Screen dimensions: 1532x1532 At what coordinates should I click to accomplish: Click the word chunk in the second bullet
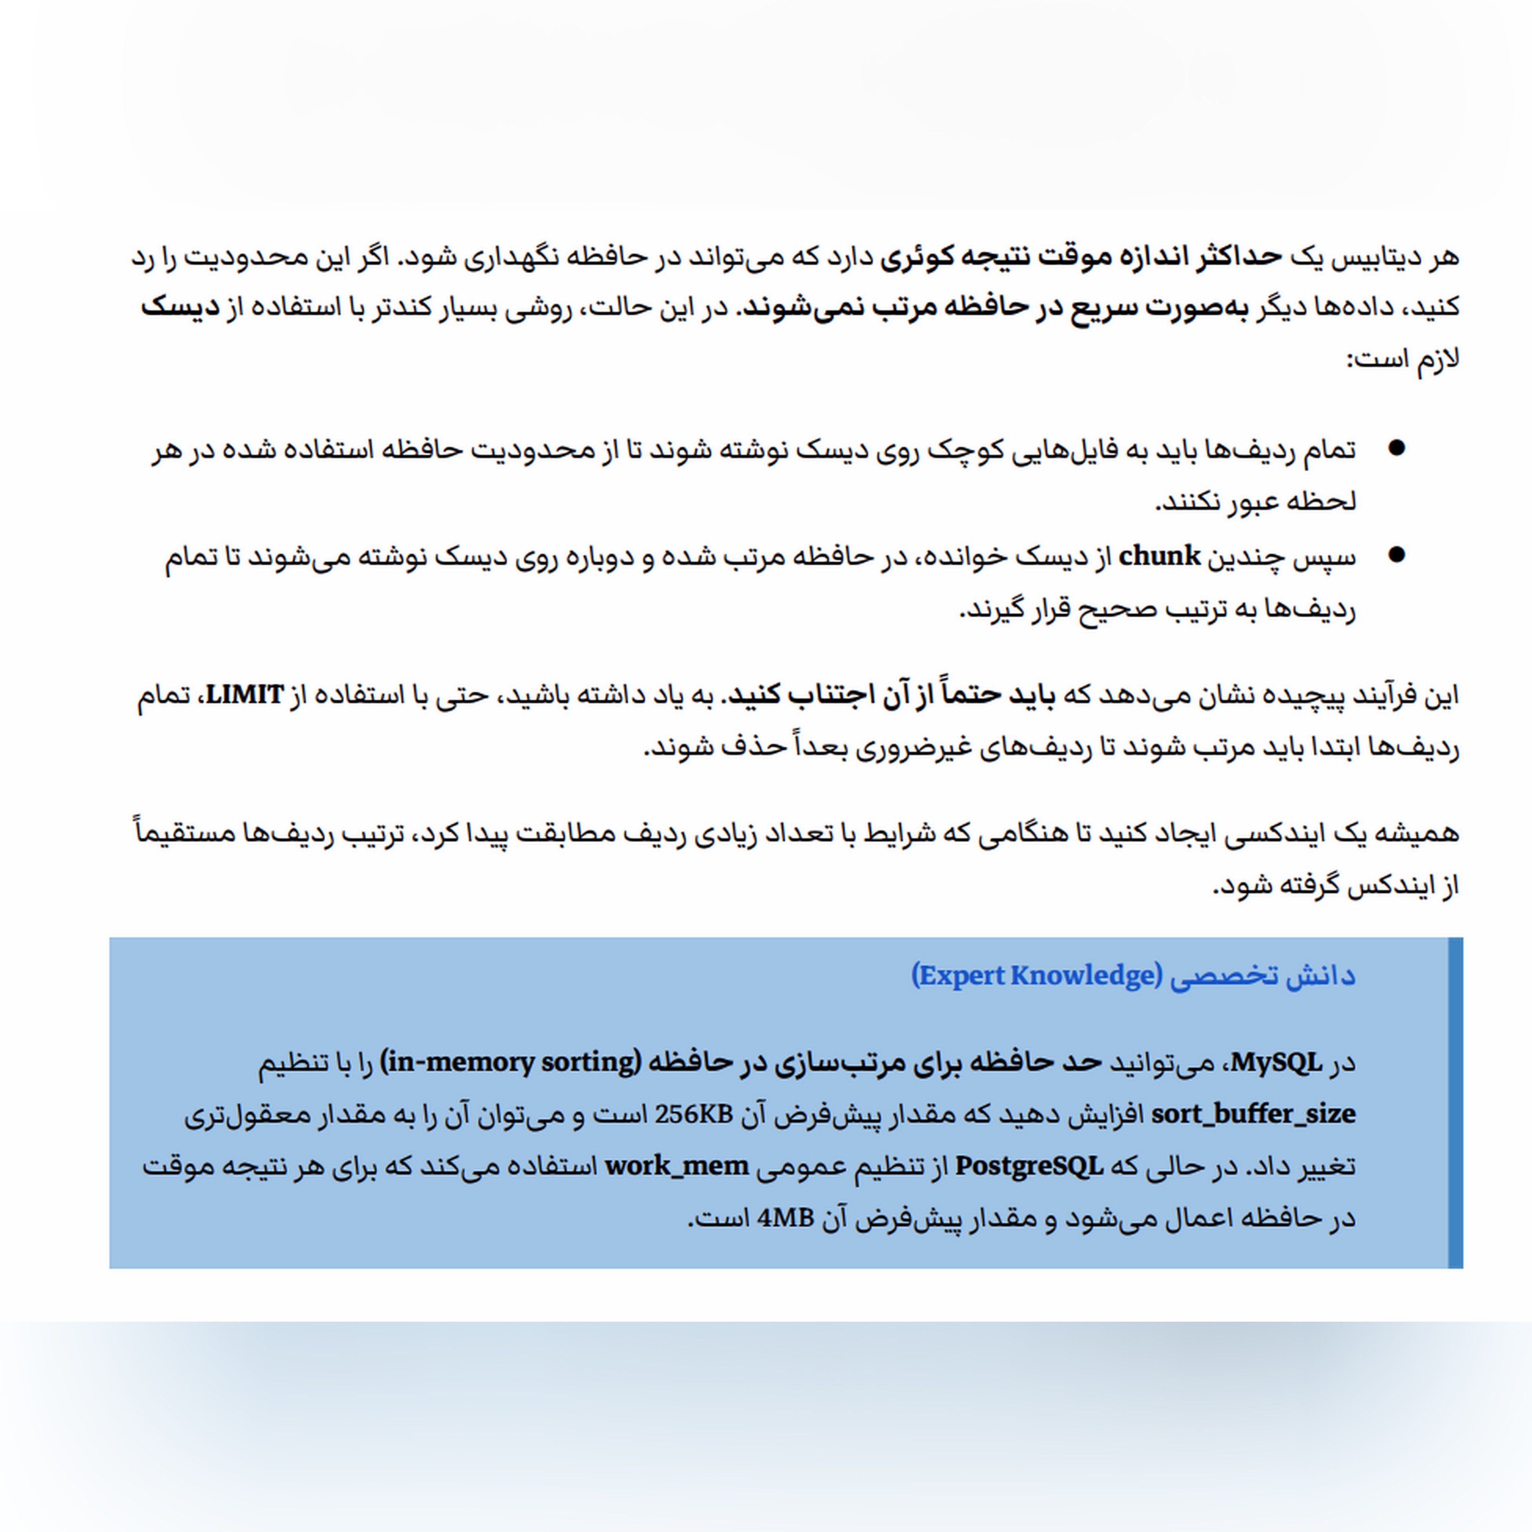pos(1159,557)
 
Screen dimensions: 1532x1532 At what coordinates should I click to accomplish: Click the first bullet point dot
pos(1396,449)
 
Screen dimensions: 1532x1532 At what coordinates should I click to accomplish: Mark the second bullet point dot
pos(1396,555)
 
